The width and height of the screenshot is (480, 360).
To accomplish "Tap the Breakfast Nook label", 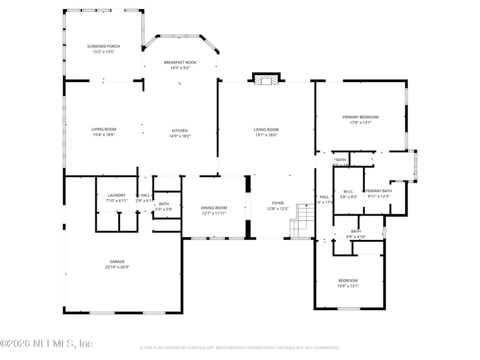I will [x=180, y=62].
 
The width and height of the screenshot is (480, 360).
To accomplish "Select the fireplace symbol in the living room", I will [x=266, y=79].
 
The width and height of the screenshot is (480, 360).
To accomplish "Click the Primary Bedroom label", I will [x=361, y=117].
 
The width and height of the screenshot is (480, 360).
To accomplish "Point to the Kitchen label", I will [x=180, y=130].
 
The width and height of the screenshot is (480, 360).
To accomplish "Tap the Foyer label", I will [x=278, y=203].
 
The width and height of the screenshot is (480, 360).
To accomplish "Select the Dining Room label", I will [x=214, y=208].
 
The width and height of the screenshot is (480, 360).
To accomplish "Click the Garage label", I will [x=117, y=262].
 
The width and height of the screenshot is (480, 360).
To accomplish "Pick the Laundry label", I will [x=116, y=195].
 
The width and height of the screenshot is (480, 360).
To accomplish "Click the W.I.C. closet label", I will [x=349, y=191].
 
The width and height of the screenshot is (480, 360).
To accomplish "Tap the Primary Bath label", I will [x=379, y=191].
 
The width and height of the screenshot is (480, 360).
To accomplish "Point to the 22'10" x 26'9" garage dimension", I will [x=117, y=267].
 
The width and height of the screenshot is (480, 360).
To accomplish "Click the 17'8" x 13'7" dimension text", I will [x=361, y=122].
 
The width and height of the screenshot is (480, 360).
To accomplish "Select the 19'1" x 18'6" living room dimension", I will [x=266, y=136].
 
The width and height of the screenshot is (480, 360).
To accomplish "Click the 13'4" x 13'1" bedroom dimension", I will [x=348, y=286].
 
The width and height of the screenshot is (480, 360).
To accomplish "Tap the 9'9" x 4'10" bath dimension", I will [x=356, y=237].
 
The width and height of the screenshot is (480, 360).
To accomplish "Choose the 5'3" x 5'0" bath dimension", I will [x=164, y=209].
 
